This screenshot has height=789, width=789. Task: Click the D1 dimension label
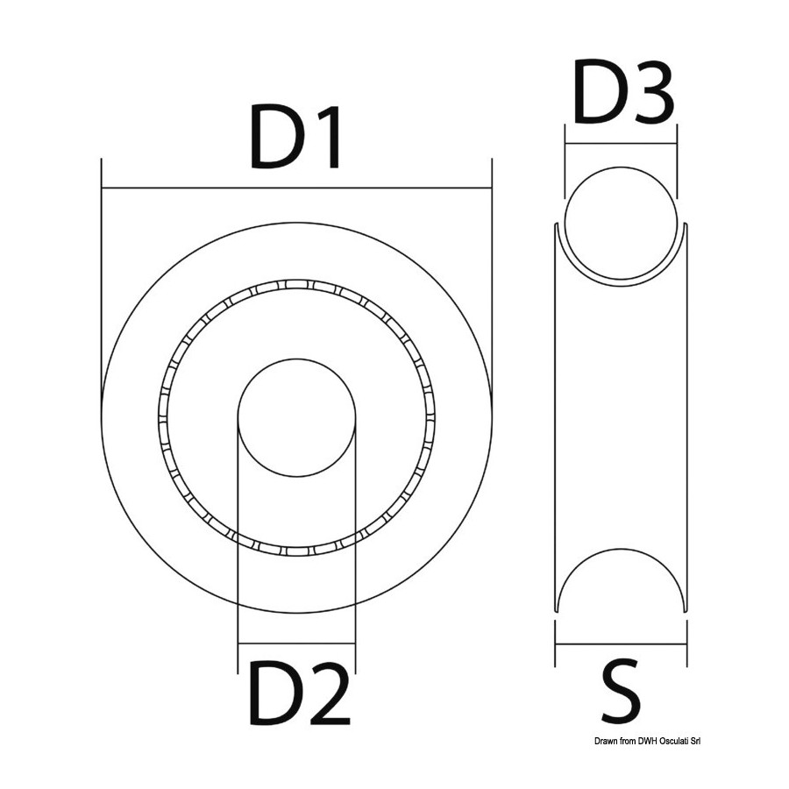(296, 138)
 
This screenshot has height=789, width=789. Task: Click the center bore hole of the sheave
(297, 417)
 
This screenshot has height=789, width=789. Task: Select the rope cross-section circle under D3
(621, 223)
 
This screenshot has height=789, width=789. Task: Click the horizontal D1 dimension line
(296, 188)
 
